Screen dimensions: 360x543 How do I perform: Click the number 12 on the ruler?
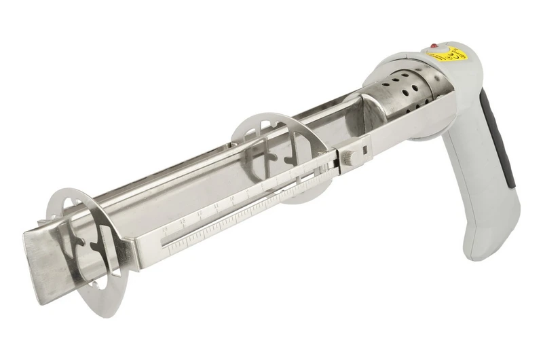coord(200,214)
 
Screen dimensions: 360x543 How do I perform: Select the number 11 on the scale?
coord(217,206)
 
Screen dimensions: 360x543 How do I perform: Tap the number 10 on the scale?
coord(232,198)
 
